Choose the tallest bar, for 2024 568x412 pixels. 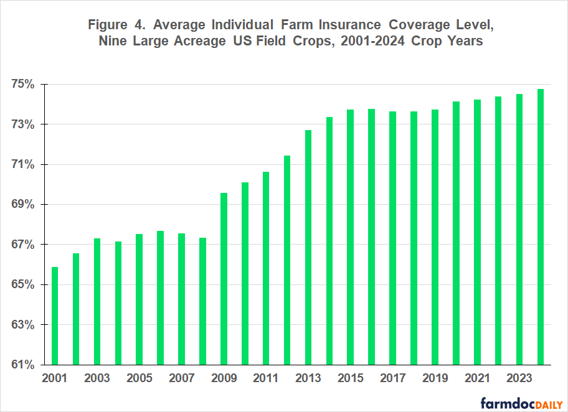[x=541, y=227]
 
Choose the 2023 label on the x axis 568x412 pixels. [x=519, y=378]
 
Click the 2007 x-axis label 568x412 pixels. [x=181, y=378]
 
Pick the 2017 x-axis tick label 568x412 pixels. [x=393, y=378]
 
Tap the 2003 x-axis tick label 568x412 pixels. [x=97, y=378]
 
